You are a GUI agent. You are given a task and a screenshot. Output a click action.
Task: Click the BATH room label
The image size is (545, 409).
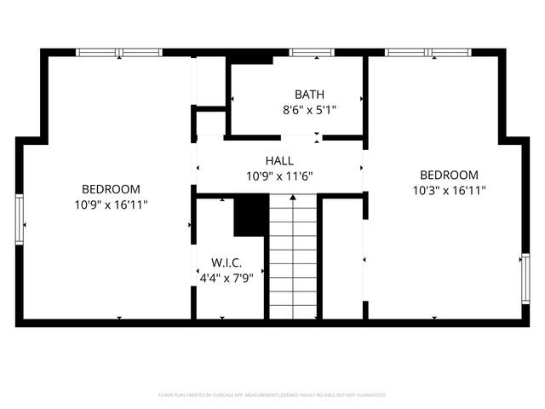309,94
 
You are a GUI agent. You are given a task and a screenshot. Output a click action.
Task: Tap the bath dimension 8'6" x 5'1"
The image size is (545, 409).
309,109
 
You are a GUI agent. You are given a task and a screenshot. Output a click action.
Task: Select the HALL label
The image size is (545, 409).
279,160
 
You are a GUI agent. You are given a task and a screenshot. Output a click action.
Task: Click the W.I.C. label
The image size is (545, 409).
227,262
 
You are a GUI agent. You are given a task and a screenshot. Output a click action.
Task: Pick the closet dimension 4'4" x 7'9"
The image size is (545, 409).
227,277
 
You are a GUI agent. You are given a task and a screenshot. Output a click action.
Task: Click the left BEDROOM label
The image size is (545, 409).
111,188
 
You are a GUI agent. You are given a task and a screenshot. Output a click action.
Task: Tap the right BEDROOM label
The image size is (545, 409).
449,175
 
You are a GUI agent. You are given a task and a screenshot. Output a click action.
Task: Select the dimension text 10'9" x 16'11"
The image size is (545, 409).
111,204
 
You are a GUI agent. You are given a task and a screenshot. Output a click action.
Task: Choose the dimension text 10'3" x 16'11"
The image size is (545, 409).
449,191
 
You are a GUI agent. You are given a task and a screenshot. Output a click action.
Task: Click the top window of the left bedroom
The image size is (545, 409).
119,53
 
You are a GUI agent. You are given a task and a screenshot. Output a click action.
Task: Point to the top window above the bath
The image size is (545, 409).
311,53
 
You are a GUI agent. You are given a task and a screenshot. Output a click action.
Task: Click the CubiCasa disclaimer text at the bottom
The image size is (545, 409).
272,395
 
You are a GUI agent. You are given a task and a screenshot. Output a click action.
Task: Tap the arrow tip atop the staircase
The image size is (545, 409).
294,198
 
